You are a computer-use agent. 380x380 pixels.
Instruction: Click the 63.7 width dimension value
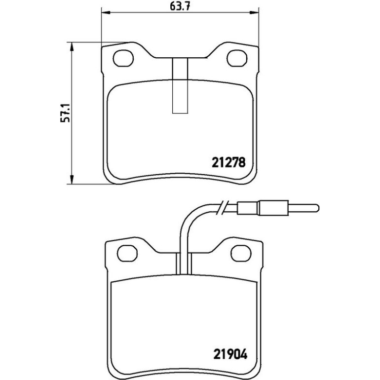point(180,6)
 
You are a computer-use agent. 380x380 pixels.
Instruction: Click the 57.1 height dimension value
point(66,113)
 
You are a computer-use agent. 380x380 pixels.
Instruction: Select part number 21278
point(229,162)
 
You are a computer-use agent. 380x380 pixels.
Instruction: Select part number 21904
point(230,355)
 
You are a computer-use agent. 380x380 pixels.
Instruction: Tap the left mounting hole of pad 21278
point(123,58)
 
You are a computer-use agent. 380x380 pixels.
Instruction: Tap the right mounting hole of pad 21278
point(237,58)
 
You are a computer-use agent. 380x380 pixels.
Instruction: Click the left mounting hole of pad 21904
point(127,253)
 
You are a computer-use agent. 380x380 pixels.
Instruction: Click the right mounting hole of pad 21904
point(241,253)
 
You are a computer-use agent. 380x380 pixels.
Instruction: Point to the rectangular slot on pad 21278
point(180,85)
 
